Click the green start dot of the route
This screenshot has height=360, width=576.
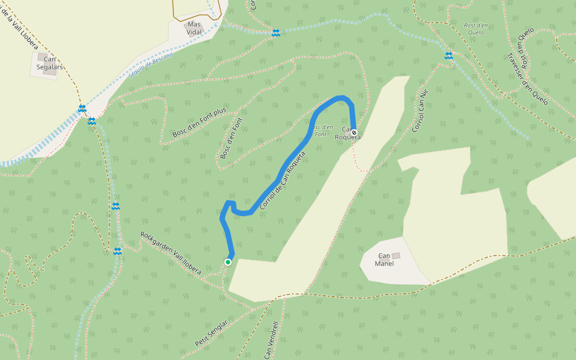[x=228, y=262]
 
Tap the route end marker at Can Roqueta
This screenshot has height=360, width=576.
[x=354, y=133]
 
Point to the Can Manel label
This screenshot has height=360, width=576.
[x=384, y=260]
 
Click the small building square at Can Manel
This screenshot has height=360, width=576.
[x=395, y=256]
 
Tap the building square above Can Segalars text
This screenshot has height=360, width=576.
[x=42, y=56]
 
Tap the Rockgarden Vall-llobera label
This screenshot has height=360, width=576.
[x=171, y=253]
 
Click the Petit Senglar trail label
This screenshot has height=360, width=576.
[x=211, y=334]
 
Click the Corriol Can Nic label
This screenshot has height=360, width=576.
[x=421, y=110]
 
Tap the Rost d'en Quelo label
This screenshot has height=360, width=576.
[x=474, y=29]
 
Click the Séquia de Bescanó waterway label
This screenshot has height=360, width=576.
[x=151, y=67]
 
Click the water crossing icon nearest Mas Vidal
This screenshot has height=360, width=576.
[x=275, y=33]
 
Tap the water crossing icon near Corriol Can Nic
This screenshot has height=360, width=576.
[x=448, y=56]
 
